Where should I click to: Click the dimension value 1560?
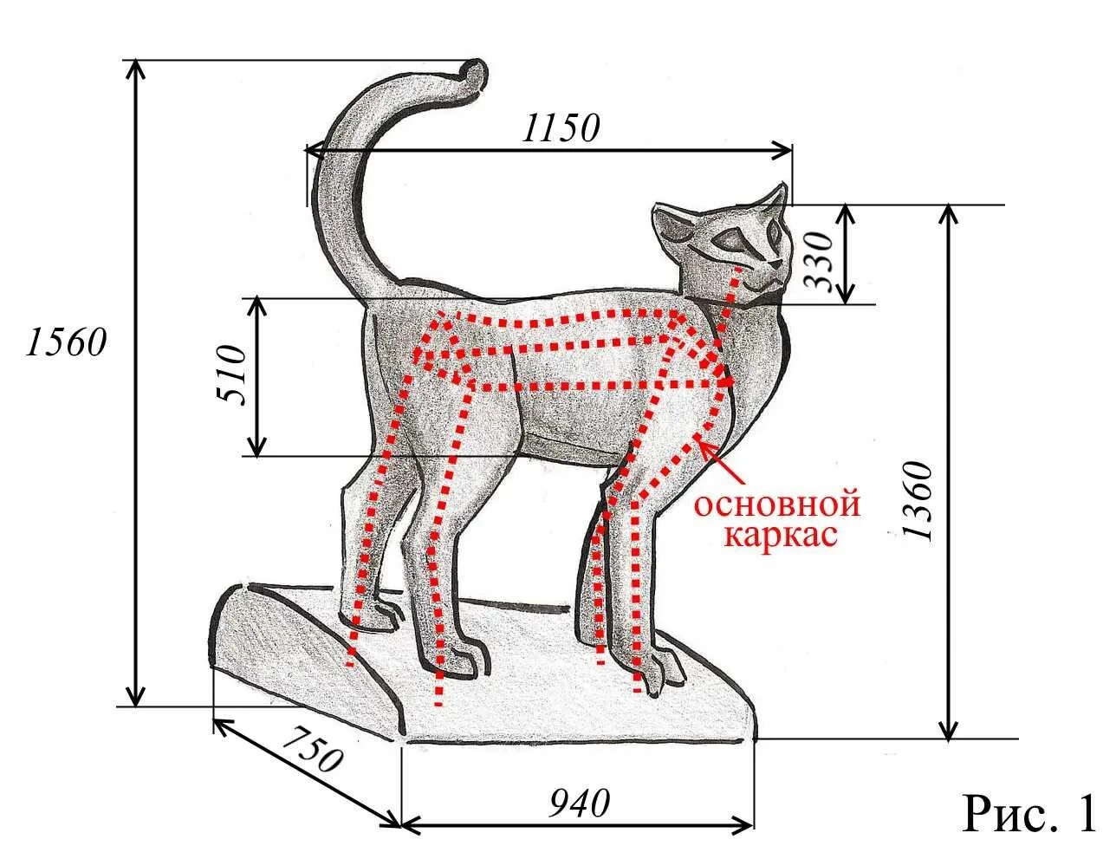[66, 342]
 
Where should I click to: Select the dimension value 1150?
[561, 128]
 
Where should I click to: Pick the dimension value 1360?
[919, 502]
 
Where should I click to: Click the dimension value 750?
[312, 750]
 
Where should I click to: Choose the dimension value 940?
[579, 804]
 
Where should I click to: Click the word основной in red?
[777, 504]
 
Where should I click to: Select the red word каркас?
[781, 534]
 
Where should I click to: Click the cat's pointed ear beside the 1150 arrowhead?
[775, 201]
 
